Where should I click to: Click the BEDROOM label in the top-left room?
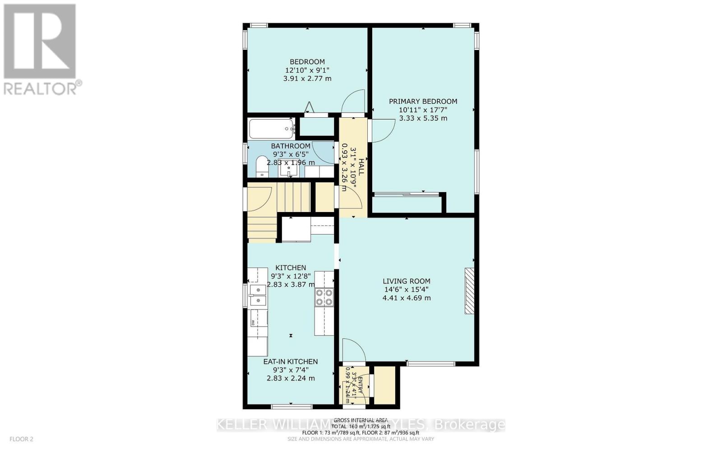(307, 62)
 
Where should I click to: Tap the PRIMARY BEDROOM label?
(423, 101)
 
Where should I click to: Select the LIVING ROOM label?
(407, 281)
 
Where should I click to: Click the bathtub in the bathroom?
(271, 129)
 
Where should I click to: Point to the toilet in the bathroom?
(261, 166)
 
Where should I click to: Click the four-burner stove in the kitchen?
(324, 297)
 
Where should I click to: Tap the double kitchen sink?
(258, 295)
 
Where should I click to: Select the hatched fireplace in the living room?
(470, 291)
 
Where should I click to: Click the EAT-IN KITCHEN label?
(291, 362)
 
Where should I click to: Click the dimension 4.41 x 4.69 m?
(407, 298)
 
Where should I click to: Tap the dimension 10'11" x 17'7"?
(423, 110)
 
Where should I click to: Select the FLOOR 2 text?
(21, 439)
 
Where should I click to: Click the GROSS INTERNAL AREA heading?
(361, 420)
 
